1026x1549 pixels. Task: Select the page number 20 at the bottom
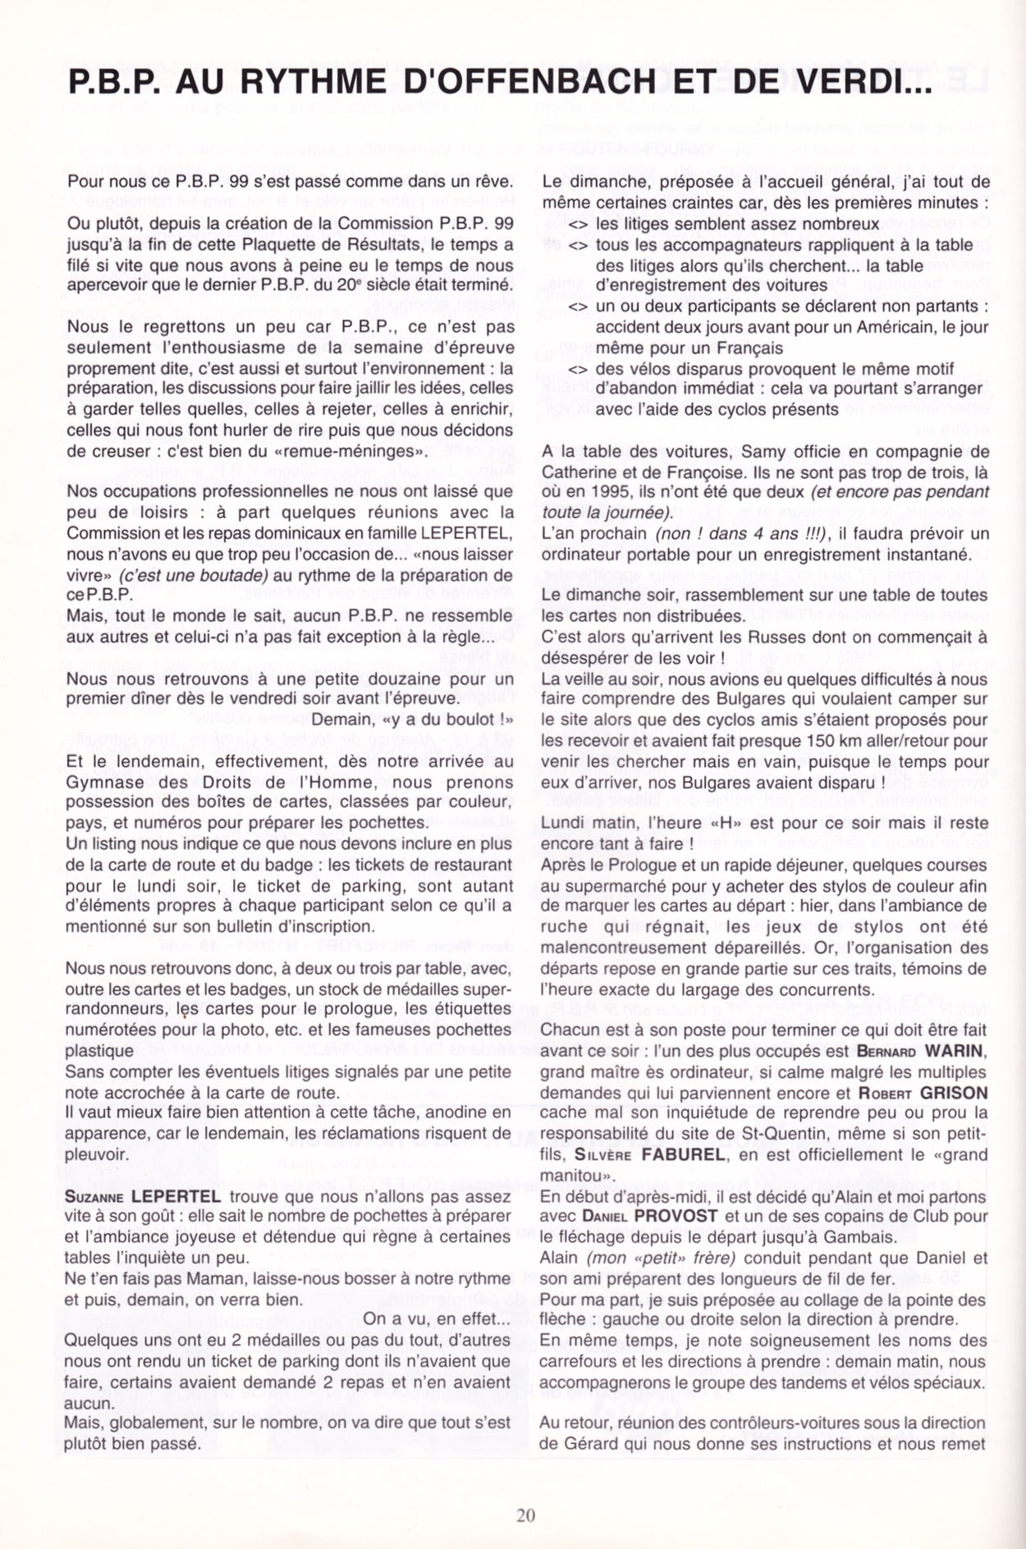pyautogui.click(x=526, y=1515)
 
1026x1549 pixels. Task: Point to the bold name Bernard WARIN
pyautogui.click(x=920, y=1051)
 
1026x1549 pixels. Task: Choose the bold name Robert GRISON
pyautogui.click(x=923, y=1093)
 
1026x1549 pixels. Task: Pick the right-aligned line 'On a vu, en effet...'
pyautogui.click(x=436, y=1319)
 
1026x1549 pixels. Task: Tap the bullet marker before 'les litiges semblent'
pyautogui.click(x=578, y=224)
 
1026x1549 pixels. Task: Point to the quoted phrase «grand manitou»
pyautogui.click(x=763, y=1165)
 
